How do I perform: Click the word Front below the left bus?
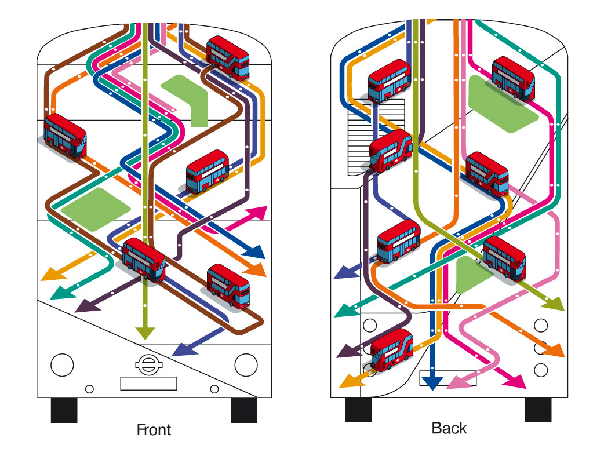tap(154, 430)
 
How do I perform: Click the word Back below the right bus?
tap(449, 428)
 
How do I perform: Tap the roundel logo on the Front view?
tap(148, 364)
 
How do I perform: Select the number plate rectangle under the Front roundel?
tap(149, 384)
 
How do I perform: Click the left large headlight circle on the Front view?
tap(62, 365)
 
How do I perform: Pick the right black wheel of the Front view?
tap(244, 410)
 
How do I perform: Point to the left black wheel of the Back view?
tap(358, 410)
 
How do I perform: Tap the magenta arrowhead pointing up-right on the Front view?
tap(258, 213)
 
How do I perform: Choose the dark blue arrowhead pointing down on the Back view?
tap(432, 383)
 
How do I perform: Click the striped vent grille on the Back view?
tap(376, 136)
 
